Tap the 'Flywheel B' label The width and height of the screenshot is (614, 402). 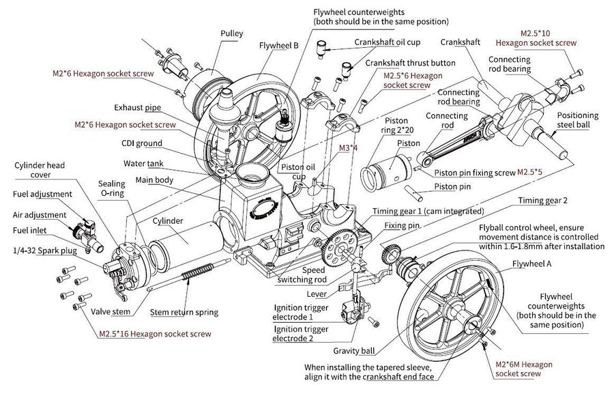pyautogui.click(x=278, y=47)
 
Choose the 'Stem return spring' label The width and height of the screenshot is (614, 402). pyautogui.click(x=184, y=313)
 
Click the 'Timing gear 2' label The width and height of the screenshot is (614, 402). pyautogui.click(x=543, y=201)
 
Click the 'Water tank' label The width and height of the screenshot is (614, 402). pyautogui.click(x=141, y=164)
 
